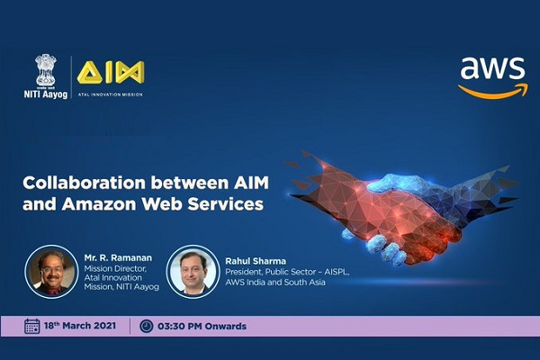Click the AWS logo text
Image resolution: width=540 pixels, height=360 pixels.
[x=491, y=70]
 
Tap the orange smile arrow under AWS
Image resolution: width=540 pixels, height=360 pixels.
[x=491, y=90]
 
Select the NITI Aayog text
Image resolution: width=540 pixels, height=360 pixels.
[x=44, y=91]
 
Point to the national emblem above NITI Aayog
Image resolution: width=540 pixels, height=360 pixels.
[x=44, y=68]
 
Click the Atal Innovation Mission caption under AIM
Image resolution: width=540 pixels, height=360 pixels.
[x=111, y=93]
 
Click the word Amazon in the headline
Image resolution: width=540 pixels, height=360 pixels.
[x=94, y=203]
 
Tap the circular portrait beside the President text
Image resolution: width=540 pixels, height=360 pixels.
[x=192, y=271]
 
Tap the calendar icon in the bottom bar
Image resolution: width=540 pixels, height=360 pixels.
[x=32, y=326]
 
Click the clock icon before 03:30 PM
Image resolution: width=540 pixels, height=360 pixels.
[x=146, y=326]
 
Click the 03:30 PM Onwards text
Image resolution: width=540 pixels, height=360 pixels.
[x=203, y=326]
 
